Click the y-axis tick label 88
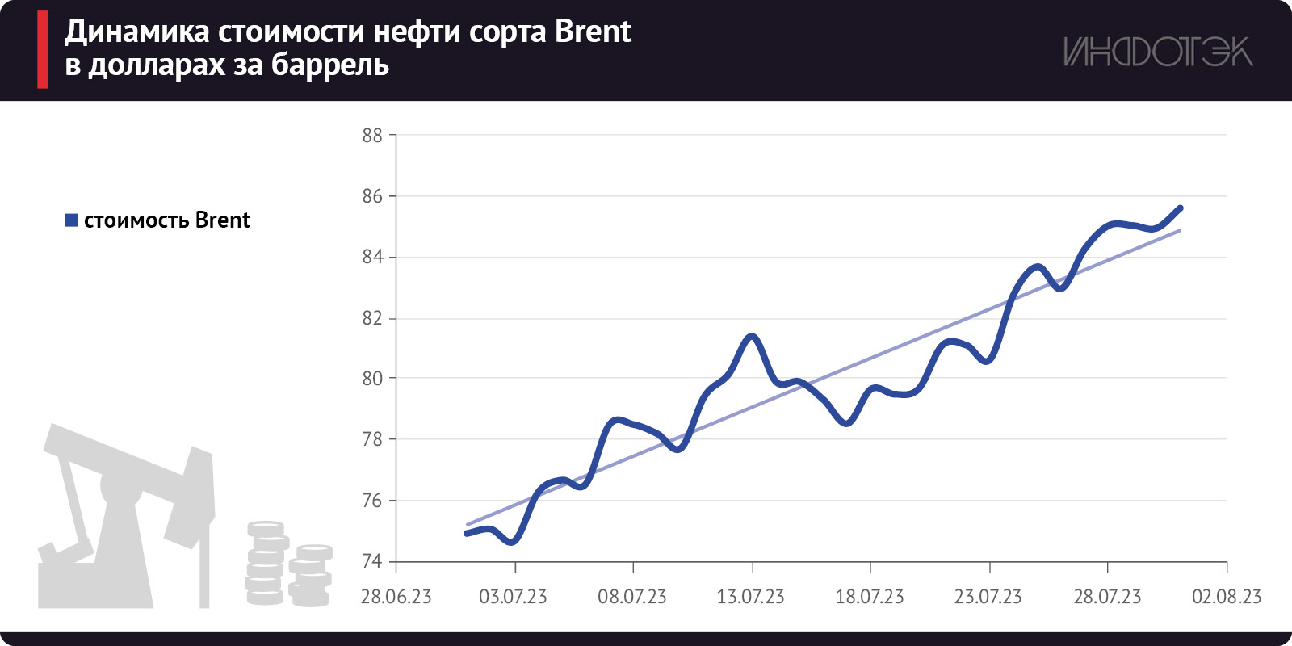[x=372, y=136]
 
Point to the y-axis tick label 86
[x=372, y=196]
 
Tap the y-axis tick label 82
[x=372, y=318]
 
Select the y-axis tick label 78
[x=372, y=439]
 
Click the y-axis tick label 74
[x=372, y=561]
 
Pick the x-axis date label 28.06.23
[x=396, y=597]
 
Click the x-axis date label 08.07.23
[x=632, y=597]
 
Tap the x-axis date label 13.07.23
[x=751, y=597]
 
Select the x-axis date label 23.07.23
[x=988, y=597]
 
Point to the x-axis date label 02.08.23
[x=1227, y=597]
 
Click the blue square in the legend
[x=71, y=220]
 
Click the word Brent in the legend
[x=223, y=220]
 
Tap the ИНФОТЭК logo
[x=1157, y=52]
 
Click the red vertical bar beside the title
[x=43, y=50]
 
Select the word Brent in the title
[x=594, y=32]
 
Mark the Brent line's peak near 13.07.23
[x=753, y=336]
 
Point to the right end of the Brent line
[x=1181, y=208]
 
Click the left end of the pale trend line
[x=468, y=525]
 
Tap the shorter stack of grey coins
[x=311, y=575]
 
